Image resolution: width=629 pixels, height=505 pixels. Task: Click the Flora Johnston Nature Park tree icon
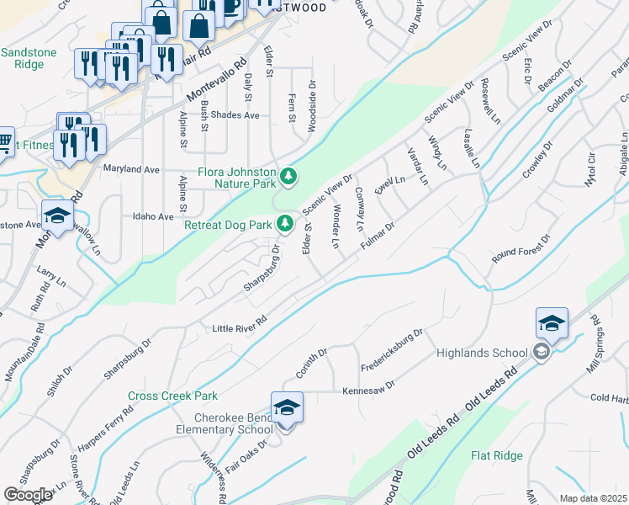coord(289,176)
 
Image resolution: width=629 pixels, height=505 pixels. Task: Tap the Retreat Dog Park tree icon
coord(286,223)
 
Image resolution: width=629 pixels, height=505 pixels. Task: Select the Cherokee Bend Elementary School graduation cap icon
coord(287,407)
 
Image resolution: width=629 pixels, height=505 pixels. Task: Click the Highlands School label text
coord(482,353)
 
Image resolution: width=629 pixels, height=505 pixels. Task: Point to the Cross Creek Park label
coord(172,396)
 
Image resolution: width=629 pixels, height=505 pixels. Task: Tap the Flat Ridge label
coord(496,456)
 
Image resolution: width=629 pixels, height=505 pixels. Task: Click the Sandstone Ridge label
coord(29,58)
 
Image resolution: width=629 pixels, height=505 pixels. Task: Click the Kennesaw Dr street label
coord(368,391)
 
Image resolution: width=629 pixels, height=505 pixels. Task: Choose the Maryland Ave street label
coord(131,169)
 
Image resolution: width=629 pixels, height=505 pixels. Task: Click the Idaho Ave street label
coord(153,216)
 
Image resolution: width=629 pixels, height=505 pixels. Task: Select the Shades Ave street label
coord(235,115)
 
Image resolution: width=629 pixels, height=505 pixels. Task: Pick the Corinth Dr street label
coord(311,361)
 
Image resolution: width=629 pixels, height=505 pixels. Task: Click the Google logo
coord(28,495)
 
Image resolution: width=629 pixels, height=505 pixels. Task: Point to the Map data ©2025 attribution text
coord(592,498)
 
